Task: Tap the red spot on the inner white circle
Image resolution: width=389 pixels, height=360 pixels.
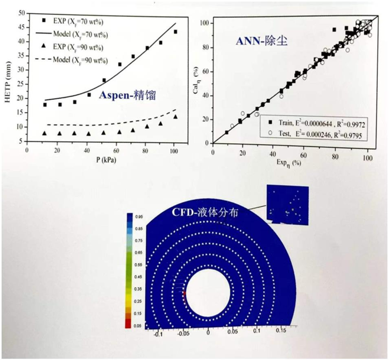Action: pos(184,294)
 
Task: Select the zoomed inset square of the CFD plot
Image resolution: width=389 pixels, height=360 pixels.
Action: pos(288,205)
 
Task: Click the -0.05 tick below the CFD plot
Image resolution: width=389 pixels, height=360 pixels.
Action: pos(183,334)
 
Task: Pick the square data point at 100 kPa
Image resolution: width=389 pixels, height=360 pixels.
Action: pos(175,32)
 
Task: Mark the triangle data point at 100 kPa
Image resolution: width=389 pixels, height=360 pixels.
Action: pos(175,117)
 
